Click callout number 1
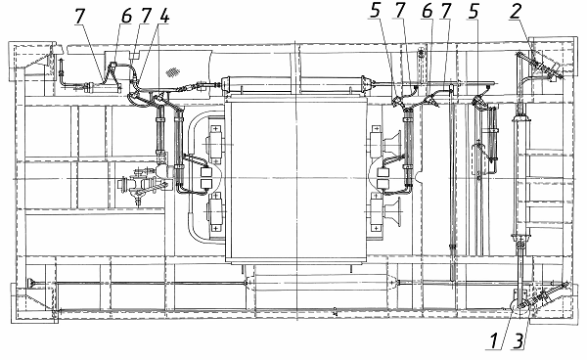click(493, 341)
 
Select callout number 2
click(516, 11)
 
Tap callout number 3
click(519, 341)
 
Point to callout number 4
click(164, 16)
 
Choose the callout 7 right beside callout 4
click(146, 16)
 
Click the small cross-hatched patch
click(172, 71)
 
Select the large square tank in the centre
click(296, 180)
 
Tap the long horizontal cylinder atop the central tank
click(294, 83)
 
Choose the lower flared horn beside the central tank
click(392, 212)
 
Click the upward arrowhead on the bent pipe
click(61, 61)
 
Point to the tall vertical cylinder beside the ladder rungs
click(520, 175)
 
